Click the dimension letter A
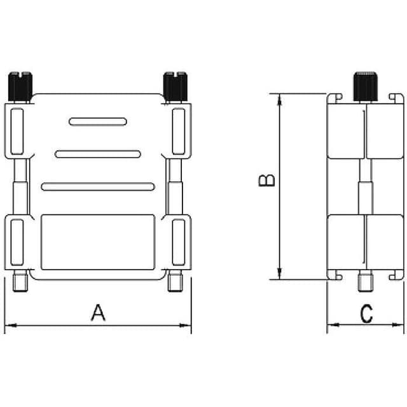[x=97, y=312]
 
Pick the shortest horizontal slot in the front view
[x=98, y=121]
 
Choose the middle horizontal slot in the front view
[x=97, y=154]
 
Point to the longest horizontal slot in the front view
[x=97, y=186]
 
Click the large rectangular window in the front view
[x=97, y=242]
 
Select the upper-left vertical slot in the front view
[x=17, y=132]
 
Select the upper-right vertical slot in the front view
[x=179, y=132]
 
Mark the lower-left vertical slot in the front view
[x=17, y=242]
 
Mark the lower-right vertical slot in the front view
[x=179, y=242]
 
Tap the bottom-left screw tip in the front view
[x=21, y=282]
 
